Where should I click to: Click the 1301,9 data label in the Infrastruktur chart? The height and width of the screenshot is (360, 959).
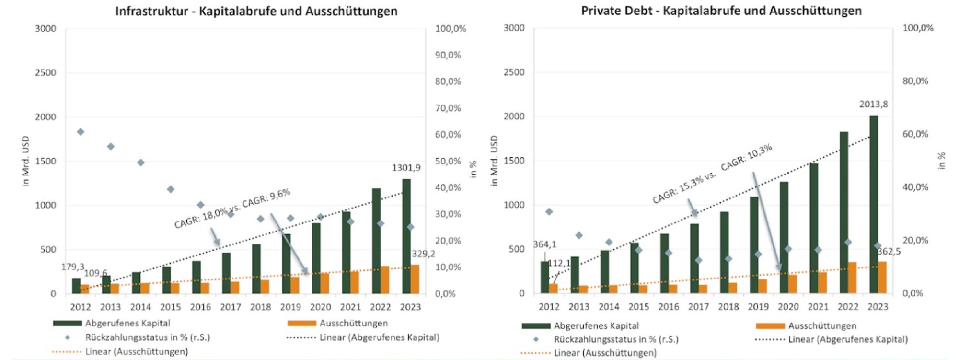coord(406,168)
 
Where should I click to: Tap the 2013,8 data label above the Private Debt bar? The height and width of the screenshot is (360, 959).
coord(873,104)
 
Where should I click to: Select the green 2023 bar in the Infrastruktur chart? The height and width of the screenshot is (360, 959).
coord(406,235)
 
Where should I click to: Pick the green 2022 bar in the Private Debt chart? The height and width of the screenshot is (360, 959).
coord(843,211)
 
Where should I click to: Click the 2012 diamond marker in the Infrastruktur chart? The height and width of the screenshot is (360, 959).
coord(81,132)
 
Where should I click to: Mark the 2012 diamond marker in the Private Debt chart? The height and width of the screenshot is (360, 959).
coord(549,212)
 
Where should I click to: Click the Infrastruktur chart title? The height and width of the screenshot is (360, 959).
coord(256,11)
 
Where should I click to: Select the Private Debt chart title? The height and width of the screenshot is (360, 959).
coord(721,11)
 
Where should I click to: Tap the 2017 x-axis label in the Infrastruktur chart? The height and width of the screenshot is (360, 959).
coord(231,307)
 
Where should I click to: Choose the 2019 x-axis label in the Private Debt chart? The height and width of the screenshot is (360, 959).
coord(758,306)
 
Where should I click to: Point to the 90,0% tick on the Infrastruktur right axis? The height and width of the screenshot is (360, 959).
coord(448,55)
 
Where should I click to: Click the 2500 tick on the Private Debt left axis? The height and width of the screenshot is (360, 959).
coord(514,72)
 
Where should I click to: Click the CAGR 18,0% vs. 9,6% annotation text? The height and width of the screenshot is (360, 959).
coord(232,209)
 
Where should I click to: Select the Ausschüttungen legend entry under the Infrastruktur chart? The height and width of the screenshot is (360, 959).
coord(353,324)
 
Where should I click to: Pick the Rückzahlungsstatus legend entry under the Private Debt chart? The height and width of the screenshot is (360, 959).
coord(616,339)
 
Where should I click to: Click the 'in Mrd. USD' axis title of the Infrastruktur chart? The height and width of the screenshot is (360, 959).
coord(26,161)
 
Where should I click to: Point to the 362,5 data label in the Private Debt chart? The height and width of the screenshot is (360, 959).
coord(889,252)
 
